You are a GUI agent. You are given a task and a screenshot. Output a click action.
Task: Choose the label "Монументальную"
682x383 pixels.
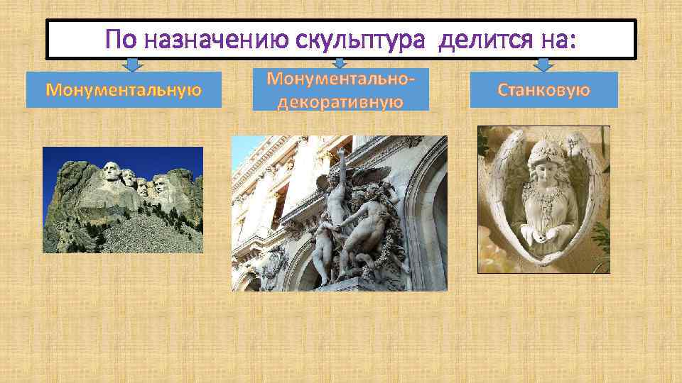(x=124, y=90)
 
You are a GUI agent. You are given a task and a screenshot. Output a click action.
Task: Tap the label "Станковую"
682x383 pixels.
(x=543, y=90)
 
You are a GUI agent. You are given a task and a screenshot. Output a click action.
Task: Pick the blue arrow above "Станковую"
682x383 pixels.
(x=543, y=65)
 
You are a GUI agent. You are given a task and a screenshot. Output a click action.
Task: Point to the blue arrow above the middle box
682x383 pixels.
(x=340, y=64)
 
